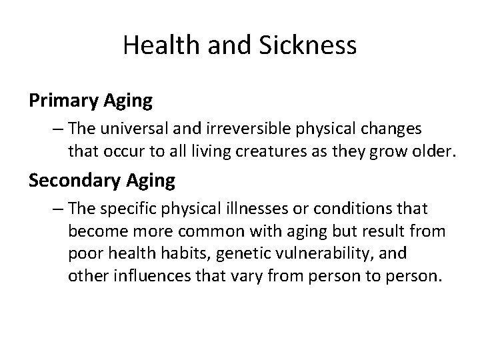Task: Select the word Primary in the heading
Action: pos(63,101)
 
